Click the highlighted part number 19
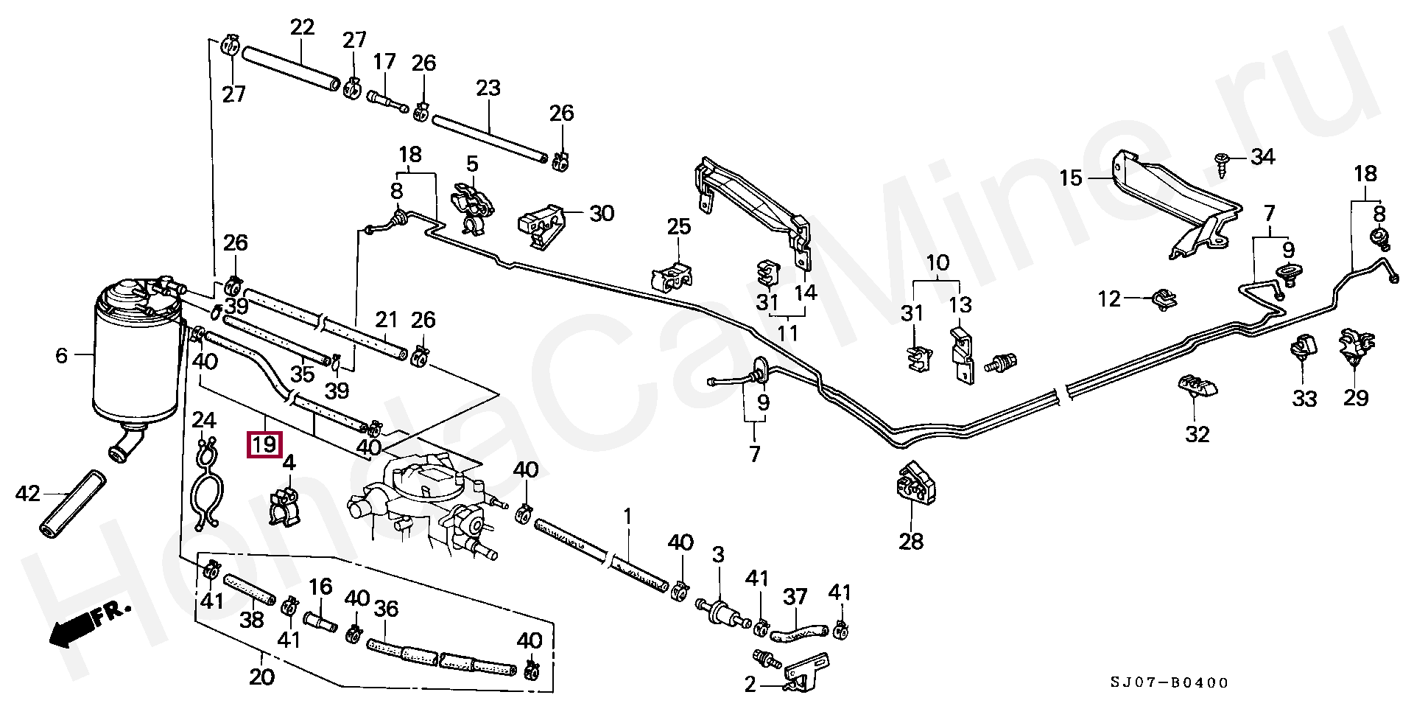(264, 444)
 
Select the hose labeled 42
(71, 501)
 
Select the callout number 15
(1072, 178)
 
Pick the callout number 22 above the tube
(302, 28)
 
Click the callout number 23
(488, 88)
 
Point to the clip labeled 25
(672, 274)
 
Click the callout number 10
(938, 262)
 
